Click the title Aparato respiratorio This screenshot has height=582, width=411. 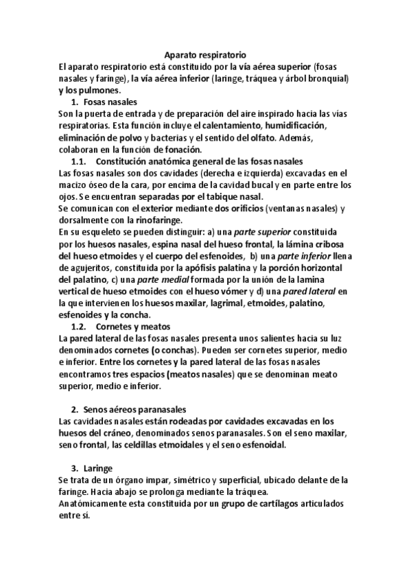205,56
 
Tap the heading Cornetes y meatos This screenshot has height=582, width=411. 133,327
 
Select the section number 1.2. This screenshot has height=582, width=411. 78,327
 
